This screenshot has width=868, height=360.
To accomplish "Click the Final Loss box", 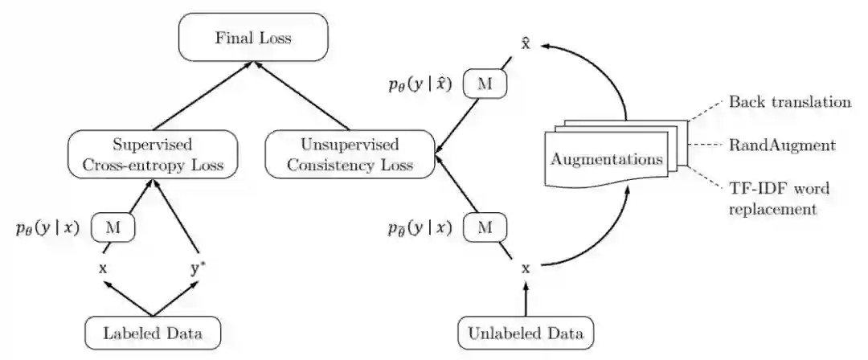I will tap(255, 37).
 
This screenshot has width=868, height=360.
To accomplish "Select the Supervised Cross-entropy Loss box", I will tap(152, 156).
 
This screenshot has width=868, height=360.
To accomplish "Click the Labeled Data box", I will tap(152, 332).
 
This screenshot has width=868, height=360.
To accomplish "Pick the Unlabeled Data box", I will tap(526, 332).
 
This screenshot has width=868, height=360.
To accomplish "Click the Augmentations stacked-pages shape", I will tap(608, 157).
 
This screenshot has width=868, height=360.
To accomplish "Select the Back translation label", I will tap(788, 102).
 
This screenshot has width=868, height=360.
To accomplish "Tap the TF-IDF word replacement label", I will tap(779, 198).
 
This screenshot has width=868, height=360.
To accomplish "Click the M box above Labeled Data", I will tap(113, 228).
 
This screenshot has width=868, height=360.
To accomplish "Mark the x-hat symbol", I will tap(526, 42).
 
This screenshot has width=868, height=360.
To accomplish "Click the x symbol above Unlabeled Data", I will tap(526, 269).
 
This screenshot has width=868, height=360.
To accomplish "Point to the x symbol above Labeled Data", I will tap(103, 269).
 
